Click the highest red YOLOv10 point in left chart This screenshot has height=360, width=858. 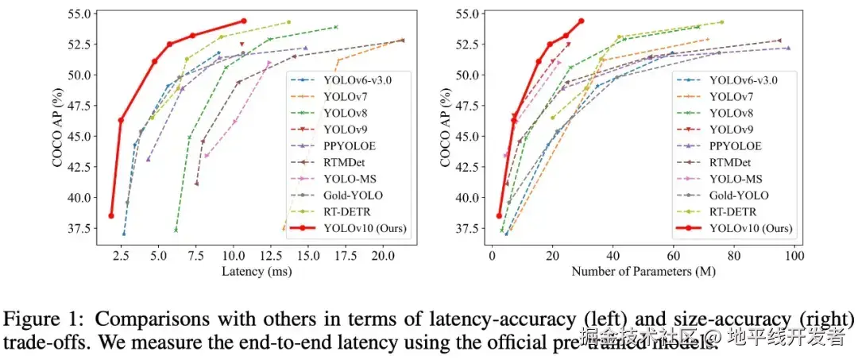coord(244,21)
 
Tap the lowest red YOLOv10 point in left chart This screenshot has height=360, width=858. coord(111,215)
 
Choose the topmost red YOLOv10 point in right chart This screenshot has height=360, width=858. coord(582,21)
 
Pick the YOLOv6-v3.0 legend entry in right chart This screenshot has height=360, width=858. coord(744,79)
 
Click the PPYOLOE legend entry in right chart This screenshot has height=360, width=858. coord(735,146)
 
